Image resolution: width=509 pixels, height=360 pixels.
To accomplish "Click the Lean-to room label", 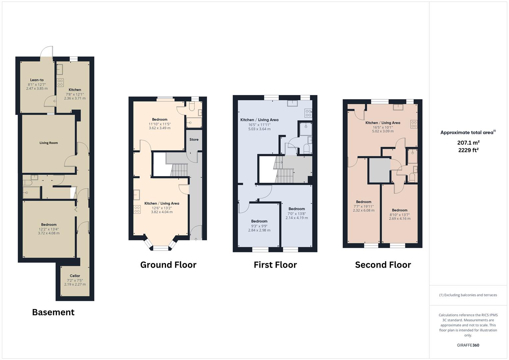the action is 37,80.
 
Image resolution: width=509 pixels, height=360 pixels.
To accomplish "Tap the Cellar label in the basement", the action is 75,276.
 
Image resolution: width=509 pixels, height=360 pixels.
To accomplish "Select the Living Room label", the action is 49,143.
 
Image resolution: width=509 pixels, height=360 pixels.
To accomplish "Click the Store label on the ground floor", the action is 194,139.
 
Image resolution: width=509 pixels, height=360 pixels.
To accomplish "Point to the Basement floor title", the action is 53,312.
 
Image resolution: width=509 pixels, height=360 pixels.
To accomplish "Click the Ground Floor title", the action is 168,265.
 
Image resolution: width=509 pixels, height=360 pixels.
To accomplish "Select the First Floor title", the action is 275,265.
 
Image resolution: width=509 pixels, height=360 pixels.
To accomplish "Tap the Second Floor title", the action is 383,265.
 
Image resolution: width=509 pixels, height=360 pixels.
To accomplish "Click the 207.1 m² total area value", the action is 468,143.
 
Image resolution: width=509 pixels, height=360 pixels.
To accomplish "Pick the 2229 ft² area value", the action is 468,150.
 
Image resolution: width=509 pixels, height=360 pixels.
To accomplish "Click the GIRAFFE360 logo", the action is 468,345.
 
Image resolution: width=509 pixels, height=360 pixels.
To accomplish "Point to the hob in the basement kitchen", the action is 60,83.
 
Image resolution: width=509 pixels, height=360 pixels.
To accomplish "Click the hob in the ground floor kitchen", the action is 137,209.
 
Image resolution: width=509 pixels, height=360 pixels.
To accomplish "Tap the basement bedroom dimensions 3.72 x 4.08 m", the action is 49,233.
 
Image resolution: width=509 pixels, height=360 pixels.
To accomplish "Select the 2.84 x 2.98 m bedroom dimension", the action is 259,230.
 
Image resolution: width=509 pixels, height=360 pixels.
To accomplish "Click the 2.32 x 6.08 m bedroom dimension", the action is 364,210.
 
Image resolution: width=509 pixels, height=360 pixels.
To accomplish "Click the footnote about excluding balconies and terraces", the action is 468,295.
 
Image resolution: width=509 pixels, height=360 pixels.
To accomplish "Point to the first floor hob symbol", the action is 308,113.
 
